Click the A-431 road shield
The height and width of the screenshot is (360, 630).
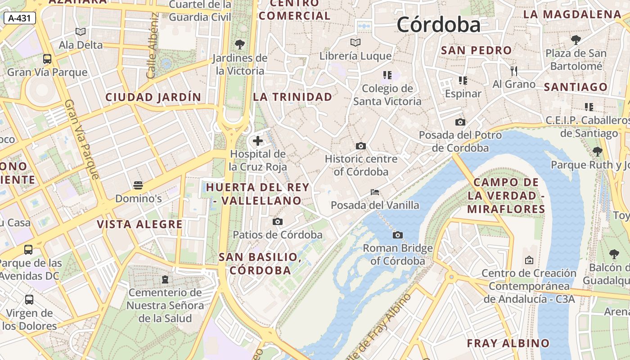coord(19,18)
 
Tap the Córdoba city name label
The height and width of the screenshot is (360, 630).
coord(438,24)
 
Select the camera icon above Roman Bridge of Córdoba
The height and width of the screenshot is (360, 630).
coord(397,235)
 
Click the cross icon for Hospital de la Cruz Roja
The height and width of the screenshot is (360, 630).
coord(258,141)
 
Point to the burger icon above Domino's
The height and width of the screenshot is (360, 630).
coord(138,185)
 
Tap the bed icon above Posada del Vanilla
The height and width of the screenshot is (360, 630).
coord(374,192)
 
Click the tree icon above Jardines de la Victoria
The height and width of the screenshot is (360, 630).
coord(240,44)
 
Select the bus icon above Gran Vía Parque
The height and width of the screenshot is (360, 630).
coord(47,58)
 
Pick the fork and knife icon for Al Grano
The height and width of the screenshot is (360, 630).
coord(514,71)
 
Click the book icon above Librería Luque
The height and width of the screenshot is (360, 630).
coord(355,43)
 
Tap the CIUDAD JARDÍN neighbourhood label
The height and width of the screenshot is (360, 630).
coord(153,97)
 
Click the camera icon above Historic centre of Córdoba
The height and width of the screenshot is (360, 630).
coord(360,146)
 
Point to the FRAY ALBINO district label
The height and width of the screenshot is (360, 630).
coord(508,343)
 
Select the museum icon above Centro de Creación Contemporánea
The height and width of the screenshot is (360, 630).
coord(529,260)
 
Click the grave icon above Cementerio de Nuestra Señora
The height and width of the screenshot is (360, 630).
coord(165,279)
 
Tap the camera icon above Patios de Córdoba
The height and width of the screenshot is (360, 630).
coord(278,221)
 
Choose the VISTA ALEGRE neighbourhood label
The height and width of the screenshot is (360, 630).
coord(140,224)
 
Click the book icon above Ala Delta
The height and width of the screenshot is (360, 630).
coord(81,31)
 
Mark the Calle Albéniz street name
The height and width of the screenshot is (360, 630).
coord(153,45)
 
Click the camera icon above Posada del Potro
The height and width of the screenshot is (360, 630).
coord(460,122)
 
